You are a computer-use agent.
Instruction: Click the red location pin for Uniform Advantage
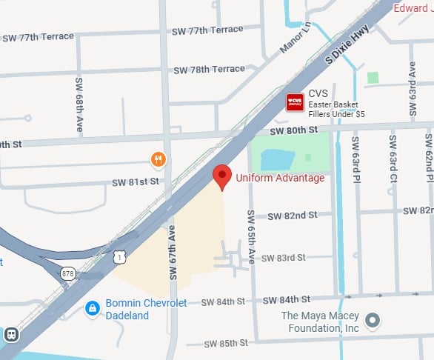tap(221, 176)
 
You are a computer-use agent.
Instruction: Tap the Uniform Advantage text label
tap(280, 178)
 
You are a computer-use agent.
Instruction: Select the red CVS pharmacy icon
tap(296, 102)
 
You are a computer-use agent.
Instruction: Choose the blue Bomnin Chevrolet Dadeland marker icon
tap(93, 307)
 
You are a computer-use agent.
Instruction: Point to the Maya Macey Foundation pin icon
tap(374, 321)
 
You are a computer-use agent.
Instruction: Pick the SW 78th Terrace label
tap(209, 69)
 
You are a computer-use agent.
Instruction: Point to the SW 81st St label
tap(136, 181)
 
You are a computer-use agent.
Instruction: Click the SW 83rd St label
tap(286, 258)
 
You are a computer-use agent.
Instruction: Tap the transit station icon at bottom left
tap(12, 334)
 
